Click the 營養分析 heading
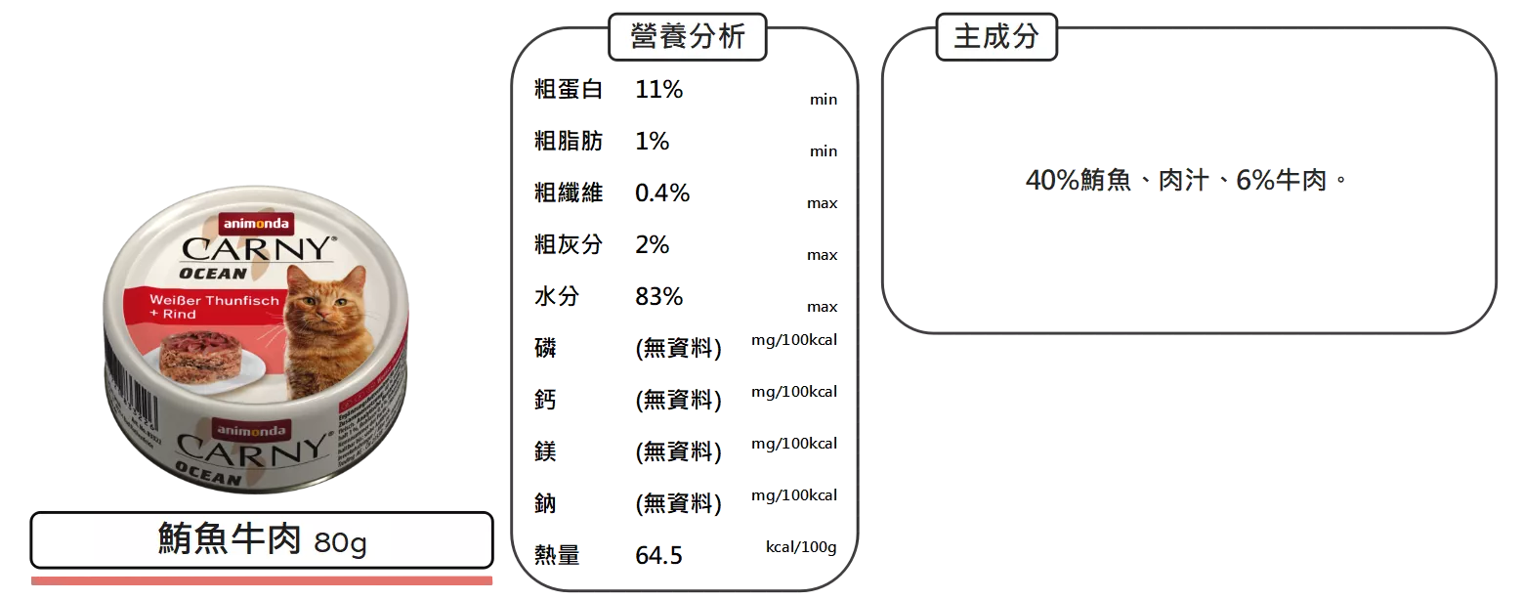(688, 37)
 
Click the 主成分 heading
(995, 37)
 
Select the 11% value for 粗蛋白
(659, 90)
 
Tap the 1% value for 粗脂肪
(652, 141)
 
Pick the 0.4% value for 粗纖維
(662, 193)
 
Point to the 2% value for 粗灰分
(652, 244)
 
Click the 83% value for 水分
(658, 296)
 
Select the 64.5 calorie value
(658, 556)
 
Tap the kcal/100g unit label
(801, 546)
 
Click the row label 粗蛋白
(568, 90)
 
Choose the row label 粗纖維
(568, 193)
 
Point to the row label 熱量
(557, 556)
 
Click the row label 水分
(556, 296)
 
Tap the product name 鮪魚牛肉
(231, 539)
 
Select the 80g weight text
(341, 542)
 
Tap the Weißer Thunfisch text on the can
(215, 300)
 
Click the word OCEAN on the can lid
(213, 274)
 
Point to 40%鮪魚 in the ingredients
(1078, 181)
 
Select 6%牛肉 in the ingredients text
(1281, 181)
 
